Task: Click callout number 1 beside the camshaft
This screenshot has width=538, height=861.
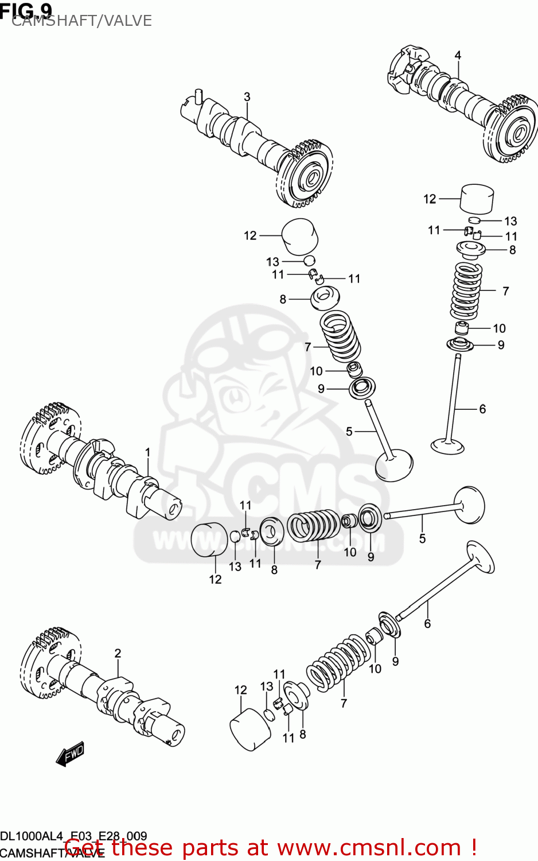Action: pyautogui.click(x=147, y=452)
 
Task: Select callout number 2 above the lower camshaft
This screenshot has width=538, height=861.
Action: pyautogui.click(x=118, y=653)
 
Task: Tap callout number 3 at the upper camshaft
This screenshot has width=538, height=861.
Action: pyautogui.click(x=247, y=97)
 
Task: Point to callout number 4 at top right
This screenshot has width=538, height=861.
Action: pyautogui.click(x=458, y=55)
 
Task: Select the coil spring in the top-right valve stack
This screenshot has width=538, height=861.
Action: pyautogui.click(x=467, y=291)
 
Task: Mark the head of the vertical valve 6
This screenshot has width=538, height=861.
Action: pyautogui.click(x=447, y=445)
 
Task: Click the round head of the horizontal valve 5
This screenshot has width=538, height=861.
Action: pyautogui.click(x=470, y=505)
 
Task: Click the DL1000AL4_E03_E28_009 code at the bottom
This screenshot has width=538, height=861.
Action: pyautogui.click(x=73, y=836)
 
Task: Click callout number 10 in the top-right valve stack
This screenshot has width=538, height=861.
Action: pyautogui.click(x=499, y=328)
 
